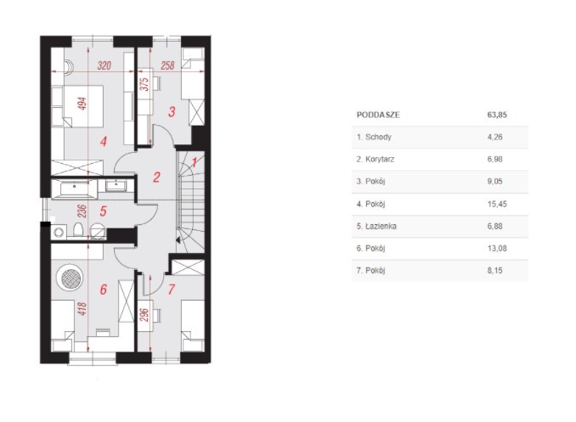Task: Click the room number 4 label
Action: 104,142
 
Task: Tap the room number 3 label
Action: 172,111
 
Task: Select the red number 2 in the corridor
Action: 156,177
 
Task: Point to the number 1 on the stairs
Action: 195,162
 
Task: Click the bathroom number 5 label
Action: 104,211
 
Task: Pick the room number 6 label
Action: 104,290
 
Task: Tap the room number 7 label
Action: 171,290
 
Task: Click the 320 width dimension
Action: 104,65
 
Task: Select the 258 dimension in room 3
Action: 167,65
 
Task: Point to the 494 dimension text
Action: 82,104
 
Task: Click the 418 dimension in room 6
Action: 82,308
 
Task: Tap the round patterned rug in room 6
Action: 71,278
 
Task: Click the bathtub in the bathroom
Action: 75,188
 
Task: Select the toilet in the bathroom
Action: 78,230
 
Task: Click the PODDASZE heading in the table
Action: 378,115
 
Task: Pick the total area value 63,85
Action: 497,115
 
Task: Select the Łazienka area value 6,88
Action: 494,226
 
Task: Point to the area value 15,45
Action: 497,204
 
